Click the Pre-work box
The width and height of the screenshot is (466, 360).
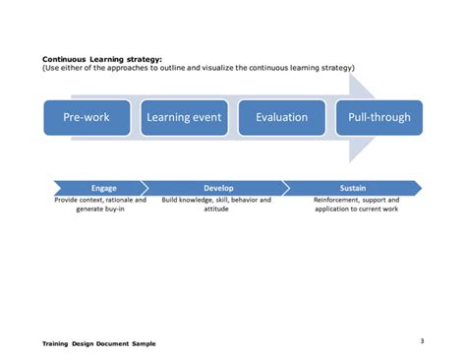86,118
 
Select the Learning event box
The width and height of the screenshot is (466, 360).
184,118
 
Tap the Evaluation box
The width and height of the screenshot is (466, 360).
281,118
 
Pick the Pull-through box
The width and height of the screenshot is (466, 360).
379,118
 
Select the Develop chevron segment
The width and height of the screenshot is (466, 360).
218,187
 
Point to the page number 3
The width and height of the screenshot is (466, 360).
421,340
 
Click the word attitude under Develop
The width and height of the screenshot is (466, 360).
216,209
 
